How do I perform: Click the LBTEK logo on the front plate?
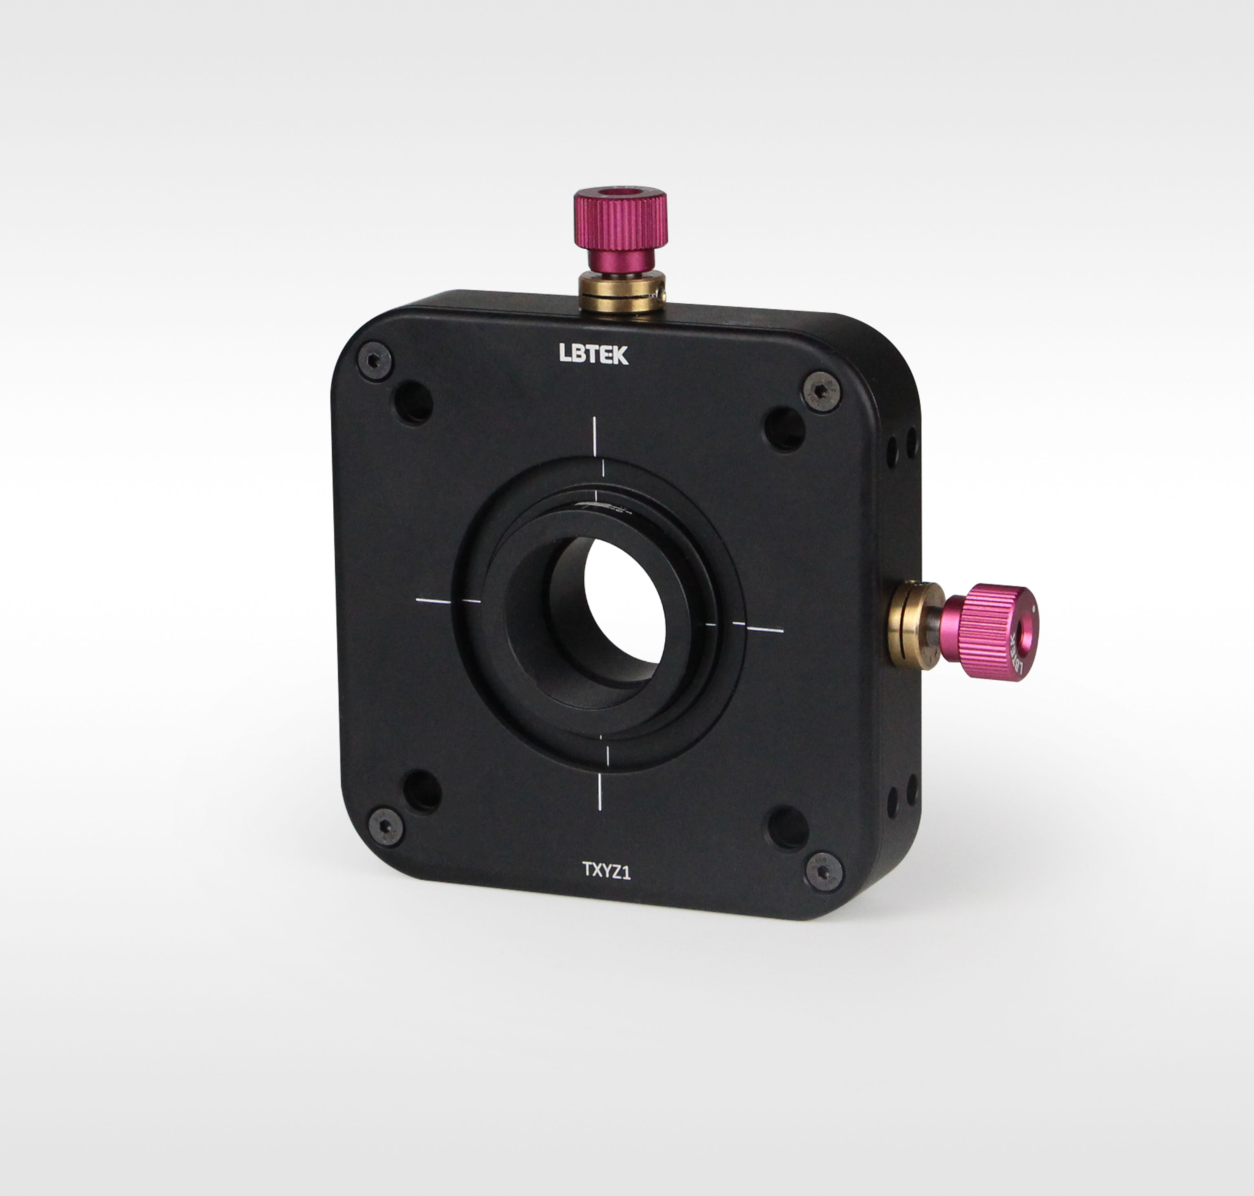tap(593, 355)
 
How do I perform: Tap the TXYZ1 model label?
tap(606, 871)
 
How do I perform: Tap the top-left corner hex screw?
tap(375, 361)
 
